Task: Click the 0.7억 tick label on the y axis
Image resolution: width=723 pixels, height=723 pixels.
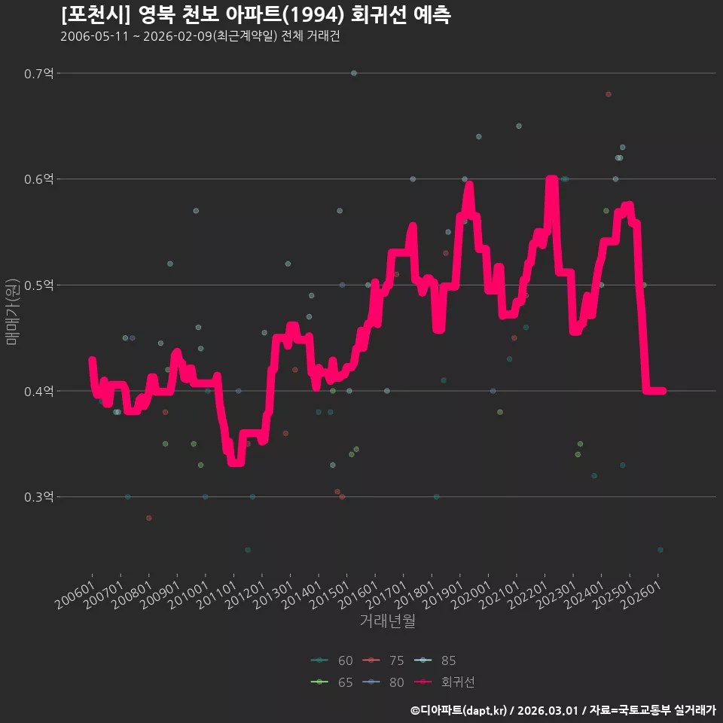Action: click(x=38, y=73)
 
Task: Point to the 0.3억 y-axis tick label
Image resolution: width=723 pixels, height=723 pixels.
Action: click(x=38, y=497)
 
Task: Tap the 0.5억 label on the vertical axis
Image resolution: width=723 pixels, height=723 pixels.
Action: click(x=38, y=285)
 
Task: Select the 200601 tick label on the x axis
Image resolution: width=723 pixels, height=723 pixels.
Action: click(x=75, y=595)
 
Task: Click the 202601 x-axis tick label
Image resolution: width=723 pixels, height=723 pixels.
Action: click(x=641, y=595)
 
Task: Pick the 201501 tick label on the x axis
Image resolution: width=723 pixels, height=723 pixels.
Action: click(x=330, y=595)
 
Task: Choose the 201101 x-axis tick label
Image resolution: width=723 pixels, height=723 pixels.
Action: click(x=216, y=595)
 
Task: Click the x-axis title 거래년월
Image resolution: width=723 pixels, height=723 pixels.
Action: click(x=387, y=621)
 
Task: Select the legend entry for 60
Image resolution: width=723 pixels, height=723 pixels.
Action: click(x=332, y=660)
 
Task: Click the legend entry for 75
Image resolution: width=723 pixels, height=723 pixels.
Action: click(x=383, y=660)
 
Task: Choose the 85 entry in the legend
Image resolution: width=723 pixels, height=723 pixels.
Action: click(x=435, y=660)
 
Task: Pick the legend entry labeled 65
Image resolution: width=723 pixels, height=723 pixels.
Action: click(x=332, y=682)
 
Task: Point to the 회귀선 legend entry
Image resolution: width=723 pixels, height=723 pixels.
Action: click(x=444, y=682)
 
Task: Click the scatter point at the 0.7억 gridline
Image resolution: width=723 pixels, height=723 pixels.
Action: click(x=354, y=73)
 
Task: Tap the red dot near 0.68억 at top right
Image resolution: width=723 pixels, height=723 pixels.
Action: click(x=609, y=94)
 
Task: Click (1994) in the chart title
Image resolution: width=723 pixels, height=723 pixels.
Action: click(x=313, y=15)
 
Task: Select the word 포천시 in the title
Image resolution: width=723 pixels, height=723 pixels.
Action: click(x=96, y=15)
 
